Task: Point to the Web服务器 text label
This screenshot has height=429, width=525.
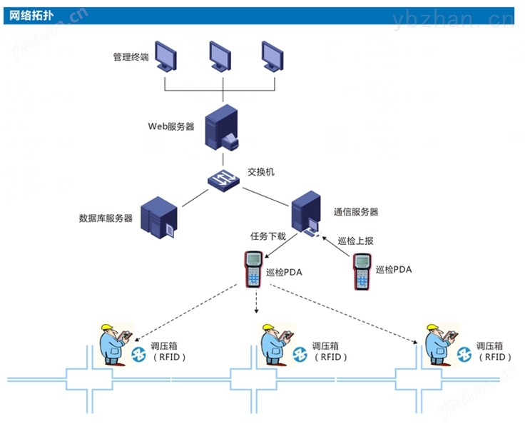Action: coord(170,126)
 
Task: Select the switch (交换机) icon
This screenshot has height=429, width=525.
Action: coord(225,178)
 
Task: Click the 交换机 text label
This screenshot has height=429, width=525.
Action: coord(261,172)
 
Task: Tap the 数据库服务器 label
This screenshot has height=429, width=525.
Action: coord(106,218)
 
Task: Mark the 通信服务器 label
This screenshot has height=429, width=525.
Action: coord(355,212)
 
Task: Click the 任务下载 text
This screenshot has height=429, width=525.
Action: coord(267,236)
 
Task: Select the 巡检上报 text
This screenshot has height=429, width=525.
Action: coord(355,241)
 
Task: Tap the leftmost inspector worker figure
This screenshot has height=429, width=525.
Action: coord(114,343)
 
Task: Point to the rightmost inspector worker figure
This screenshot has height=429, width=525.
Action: coord(438,344)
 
